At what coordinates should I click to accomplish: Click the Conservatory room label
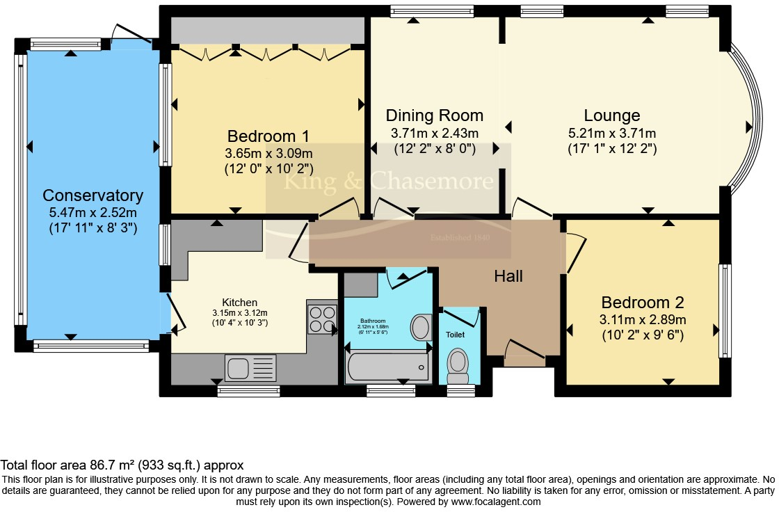(93, 195)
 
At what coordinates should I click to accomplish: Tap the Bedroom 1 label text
(268, 136)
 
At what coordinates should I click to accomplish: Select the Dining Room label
(434, 115)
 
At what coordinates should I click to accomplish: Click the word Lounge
(612, 115)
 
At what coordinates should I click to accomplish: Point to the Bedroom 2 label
(643, 303)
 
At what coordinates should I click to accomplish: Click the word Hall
(508, 276)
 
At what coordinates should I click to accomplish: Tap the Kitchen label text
(239, 303)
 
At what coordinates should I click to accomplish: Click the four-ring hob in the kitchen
(321, 319)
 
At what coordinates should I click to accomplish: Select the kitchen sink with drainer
(250, 367)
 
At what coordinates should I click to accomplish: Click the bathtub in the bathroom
(387, 366)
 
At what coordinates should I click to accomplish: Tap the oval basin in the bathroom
(421, 328)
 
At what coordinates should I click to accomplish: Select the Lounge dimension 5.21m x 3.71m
(612, 133)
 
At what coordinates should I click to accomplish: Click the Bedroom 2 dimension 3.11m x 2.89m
(643, 320)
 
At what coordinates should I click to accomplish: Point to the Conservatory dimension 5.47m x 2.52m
(93, 212)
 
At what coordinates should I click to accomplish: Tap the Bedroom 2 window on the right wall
(725, 310)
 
